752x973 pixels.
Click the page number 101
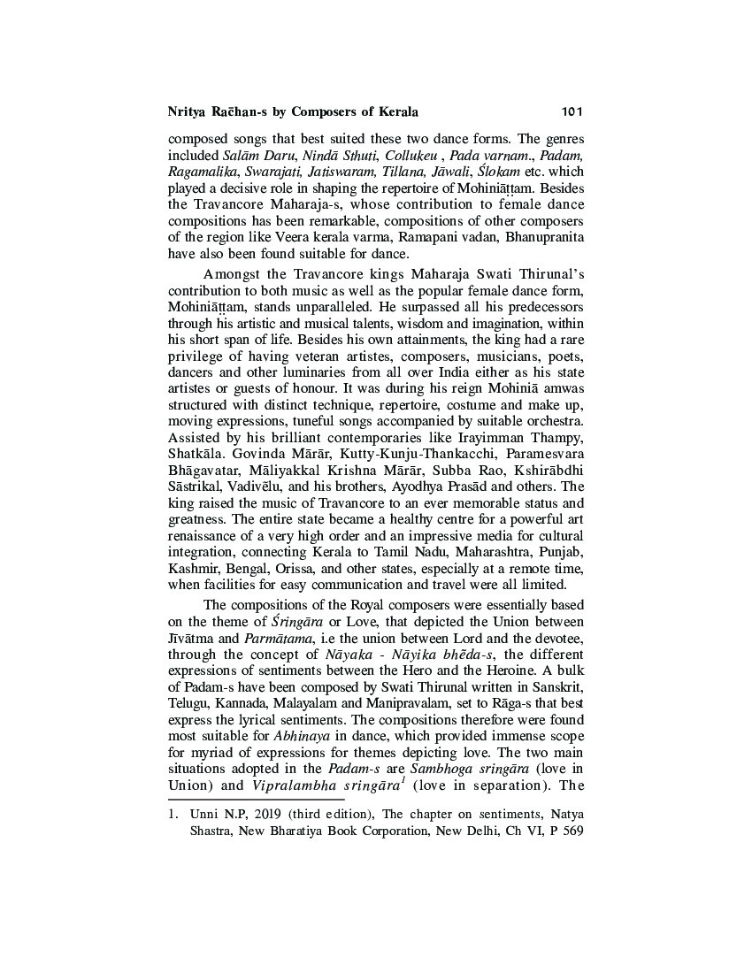tap(572, 112)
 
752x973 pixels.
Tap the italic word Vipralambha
tap(281, 787)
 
